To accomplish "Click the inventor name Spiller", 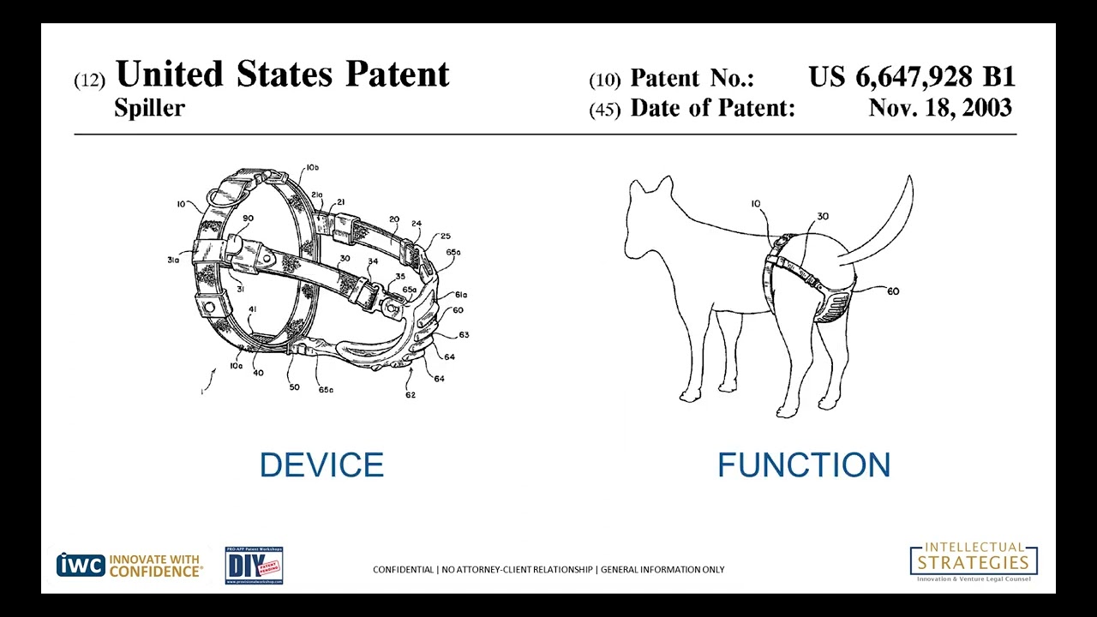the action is click(149, 108).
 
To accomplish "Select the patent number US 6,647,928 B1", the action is click(911, 77).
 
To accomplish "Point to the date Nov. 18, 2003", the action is click(939, 108).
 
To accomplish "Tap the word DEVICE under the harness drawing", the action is click(321, 465).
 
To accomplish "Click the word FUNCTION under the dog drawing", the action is click(804, 465).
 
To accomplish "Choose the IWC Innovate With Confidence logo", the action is click(129, 566).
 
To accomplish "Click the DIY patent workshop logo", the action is click(254, 566).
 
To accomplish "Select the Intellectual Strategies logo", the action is click(974, 562).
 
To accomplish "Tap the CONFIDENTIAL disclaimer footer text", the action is click(548, 570).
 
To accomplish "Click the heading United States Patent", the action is click(282, 75).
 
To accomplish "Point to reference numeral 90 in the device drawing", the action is click(248, 219).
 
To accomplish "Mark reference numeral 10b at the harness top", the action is click(312, 167).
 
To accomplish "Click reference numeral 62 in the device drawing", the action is click(411, 395).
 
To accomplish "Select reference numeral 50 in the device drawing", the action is click(294, 387).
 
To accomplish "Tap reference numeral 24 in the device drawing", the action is click(417, 224).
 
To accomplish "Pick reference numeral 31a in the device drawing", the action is click(173, 260).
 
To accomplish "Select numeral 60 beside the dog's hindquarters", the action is click(893, 292).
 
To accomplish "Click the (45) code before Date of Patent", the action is click(604, 111).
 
